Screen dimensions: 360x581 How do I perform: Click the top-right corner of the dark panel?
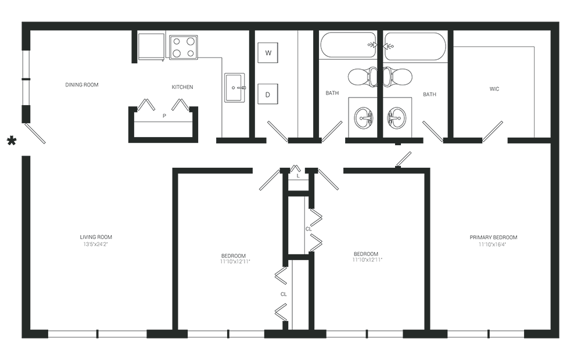(559, 22)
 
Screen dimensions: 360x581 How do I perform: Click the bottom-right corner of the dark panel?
(559, 337)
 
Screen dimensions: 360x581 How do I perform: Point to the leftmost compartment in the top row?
(76, 81)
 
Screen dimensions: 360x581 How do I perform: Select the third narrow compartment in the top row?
(285, 81)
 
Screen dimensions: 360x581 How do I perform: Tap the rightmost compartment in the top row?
(500, 81)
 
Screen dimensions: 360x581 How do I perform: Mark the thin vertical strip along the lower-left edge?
(25, 244)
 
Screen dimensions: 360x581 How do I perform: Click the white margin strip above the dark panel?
(290, 10)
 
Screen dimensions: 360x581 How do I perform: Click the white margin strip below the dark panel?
(290, 349)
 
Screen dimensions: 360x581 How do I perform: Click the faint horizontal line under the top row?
(290, 139)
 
